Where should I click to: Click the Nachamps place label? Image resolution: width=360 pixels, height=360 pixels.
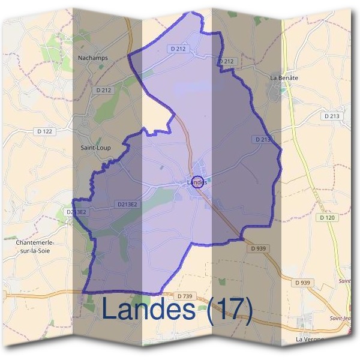(92, 58)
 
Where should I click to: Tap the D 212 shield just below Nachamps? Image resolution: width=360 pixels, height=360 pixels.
(104, 90)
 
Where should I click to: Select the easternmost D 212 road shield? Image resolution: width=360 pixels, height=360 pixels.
(226, 61)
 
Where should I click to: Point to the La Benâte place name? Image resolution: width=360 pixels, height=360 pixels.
(284, 78)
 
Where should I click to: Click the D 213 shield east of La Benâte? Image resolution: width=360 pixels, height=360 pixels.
(331, 116)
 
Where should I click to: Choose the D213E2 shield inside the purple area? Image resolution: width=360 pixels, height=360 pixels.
(126, 205)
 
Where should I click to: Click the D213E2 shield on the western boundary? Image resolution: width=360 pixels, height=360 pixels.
(76, 212)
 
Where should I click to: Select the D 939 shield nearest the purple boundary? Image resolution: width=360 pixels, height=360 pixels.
(258, 248)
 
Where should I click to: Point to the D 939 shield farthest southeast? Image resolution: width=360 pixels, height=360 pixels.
(304, 283)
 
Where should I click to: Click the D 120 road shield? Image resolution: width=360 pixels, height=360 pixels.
(327, 218)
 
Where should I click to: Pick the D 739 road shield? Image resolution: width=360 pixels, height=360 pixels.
(185, 296)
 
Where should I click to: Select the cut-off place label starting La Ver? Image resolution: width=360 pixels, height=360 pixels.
(311, 340)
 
